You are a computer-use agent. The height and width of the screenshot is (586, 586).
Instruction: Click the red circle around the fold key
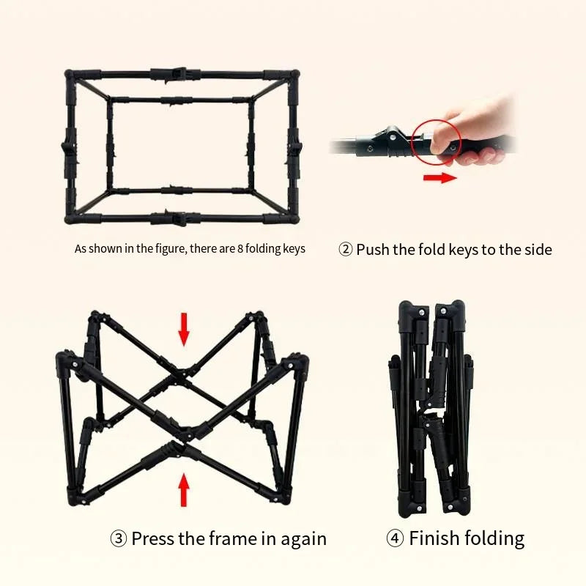pos(412,142)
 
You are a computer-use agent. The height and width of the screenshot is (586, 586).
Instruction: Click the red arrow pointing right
pos(440,177)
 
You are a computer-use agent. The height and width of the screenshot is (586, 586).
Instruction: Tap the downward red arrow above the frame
pos(184,329)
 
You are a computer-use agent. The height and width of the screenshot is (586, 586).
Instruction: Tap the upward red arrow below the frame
pos(184,489)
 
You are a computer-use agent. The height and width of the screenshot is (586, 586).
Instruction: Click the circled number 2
pos(345,249)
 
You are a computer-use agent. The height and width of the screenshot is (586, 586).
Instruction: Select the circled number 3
pos(119,538)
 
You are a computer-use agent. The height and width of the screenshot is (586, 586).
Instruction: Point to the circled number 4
pos(395,538)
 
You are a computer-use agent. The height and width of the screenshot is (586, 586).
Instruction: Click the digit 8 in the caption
pos(240,248)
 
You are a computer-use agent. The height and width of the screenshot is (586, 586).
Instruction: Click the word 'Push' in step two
pos(373,249)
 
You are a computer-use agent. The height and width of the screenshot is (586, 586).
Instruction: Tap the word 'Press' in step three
pos(153,538)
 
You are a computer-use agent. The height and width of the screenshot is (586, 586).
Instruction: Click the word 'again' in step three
pos(303,540)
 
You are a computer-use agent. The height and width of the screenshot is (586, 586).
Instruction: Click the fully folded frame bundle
pos(431,409)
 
